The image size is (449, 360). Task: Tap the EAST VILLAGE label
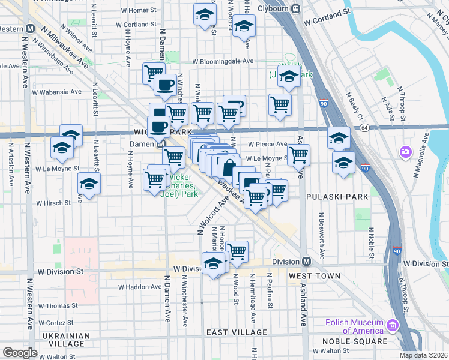(237, 332)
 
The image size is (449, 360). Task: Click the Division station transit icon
(306, 262)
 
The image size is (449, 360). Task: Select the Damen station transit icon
(161, 145)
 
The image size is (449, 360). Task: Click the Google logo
(20, 352)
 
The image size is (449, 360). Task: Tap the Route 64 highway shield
(364, 127)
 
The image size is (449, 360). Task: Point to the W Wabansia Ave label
(56, 92)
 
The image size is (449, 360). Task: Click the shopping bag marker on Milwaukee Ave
(229, 166)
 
